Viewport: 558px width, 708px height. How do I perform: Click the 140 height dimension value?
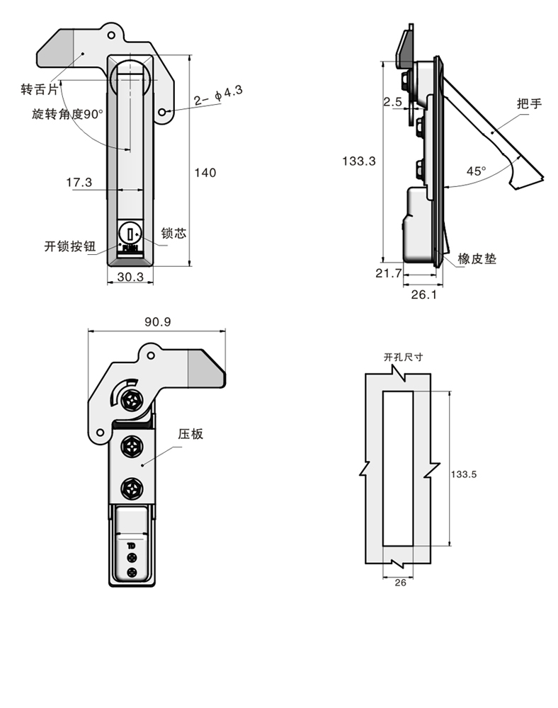pyautogui.click(x=205, y=173)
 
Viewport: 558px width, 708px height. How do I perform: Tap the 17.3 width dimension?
pyautogui.click(x=79, y=183)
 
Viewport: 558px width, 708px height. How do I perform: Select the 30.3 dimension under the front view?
pyautogui.click(x=130, y=278)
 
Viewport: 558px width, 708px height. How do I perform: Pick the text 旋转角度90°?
pyautogui.click(x=68, y=114)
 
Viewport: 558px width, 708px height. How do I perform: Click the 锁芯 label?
pyautogui.click(x=174, y=233)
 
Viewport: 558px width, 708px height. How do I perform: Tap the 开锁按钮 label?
pyautogui.click(x=69, y=246)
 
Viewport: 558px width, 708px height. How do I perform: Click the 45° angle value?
pyautogui.click(x=476, y=171)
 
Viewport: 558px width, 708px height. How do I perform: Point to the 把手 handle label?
pyautogui.click(x=529, y=104)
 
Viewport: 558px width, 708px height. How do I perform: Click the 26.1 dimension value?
pyautogui.click(x=423, y=295)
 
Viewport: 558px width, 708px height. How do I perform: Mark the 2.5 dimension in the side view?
pyautogui.click(x=392, y=102)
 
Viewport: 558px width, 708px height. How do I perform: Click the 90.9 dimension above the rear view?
pyautogui.click(x=156, y=322)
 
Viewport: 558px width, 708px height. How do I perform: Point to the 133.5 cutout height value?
pyautogui.click(x=464, y=475)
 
